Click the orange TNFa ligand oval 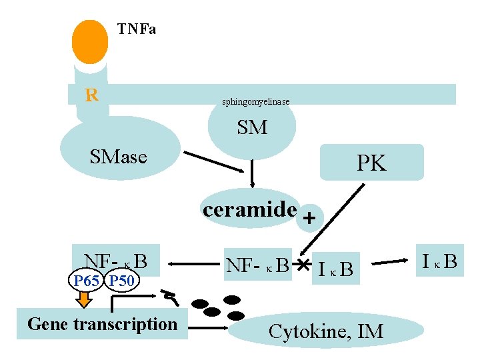tap(90, 41)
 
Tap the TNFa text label tap(137, 29)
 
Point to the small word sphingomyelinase tap(255, 101)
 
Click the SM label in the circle tap(252, 127)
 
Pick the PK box tap(371, 163)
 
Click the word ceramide tap(250, 209)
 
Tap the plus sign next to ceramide tap(309, 218)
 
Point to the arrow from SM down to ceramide tap(253, 174)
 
